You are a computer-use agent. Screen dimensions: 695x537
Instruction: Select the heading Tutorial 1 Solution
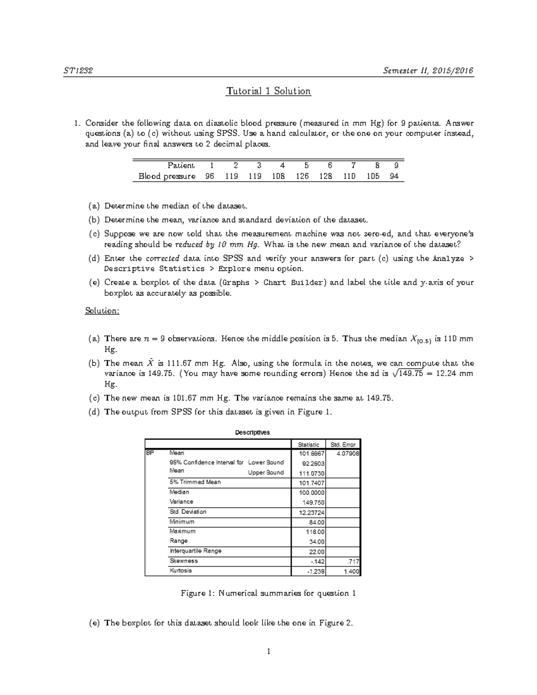(x=268, y=91)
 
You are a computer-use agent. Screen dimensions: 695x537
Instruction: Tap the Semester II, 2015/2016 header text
(x=428, y=71)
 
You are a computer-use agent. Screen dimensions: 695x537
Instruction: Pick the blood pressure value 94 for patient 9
(x=394, y=176)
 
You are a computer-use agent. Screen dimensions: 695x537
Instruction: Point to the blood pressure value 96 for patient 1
(x=209, y=176)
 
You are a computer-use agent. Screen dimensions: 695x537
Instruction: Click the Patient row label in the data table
(x=181, y=165)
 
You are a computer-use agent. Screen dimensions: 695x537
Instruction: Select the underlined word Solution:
(x=102, y=311)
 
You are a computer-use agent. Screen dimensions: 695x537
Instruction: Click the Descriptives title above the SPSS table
(x=252, y=432)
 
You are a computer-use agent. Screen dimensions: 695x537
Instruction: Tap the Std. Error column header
(x=343, y=444)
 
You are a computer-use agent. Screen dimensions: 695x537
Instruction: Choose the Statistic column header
(x=309, y=444)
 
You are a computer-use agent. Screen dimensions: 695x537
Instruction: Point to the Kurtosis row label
(x=181, y=571)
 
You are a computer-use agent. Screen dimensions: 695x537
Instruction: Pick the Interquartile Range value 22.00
(x=317, y=552)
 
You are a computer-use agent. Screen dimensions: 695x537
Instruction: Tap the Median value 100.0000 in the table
(x=312, y=493)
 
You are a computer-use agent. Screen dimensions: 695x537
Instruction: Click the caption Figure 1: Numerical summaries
(x=268, y=593)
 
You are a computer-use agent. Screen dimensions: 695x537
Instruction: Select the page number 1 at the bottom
(x=268, y=652)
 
